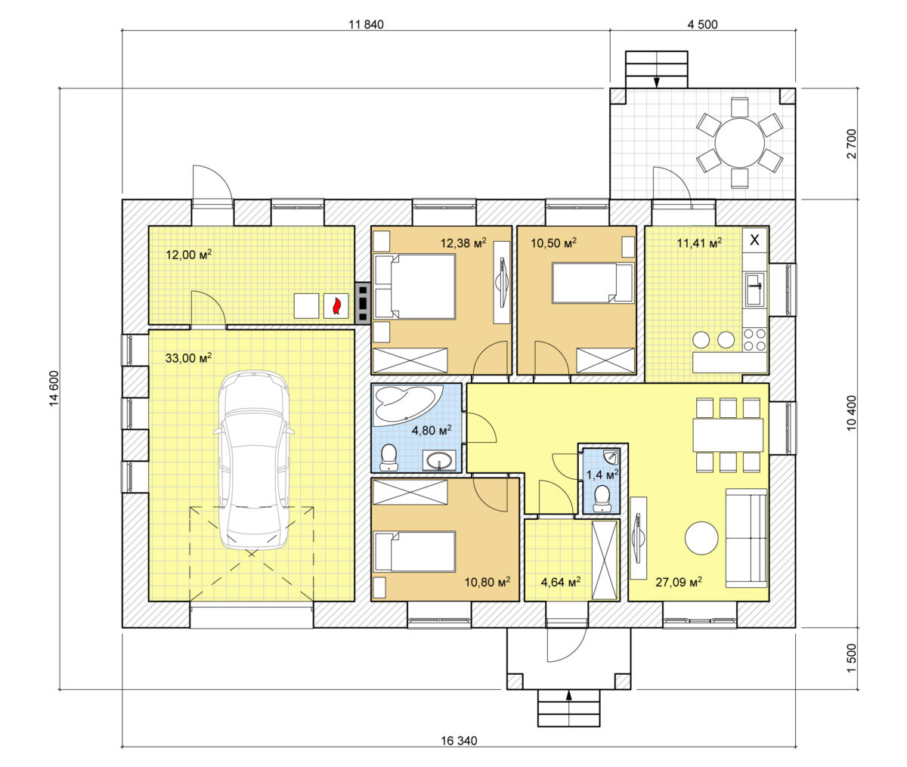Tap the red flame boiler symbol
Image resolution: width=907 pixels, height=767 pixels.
[336, 306]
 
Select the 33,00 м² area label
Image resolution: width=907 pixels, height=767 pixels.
[189, 357]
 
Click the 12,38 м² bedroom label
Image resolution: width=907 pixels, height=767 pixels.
[463, 243]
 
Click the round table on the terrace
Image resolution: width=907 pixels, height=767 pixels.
[739, 143]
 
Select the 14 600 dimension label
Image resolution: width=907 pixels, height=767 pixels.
[54, 388]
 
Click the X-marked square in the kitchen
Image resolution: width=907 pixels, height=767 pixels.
[755, 240]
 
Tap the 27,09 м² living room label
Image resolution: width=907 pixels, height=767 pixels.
[679, 582]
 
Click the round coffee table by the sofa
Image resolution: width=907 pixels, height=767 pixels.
[701, 538]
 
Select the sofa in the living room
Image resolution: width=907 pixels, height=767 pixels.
[747, 538]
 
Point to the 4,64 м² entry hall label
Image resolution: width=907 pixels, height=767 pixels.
[561, 582]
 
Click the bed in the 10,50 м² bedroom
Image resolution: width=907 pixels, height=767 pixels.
[593, 283]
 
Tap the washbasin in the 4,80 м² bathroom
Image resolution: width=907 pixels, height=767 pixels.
[439, 461]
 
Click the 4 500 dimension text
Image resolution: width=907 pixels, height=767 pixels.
[702, 25]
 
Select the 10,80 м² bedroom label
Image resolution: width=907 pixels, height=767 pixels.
[488, 582]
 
